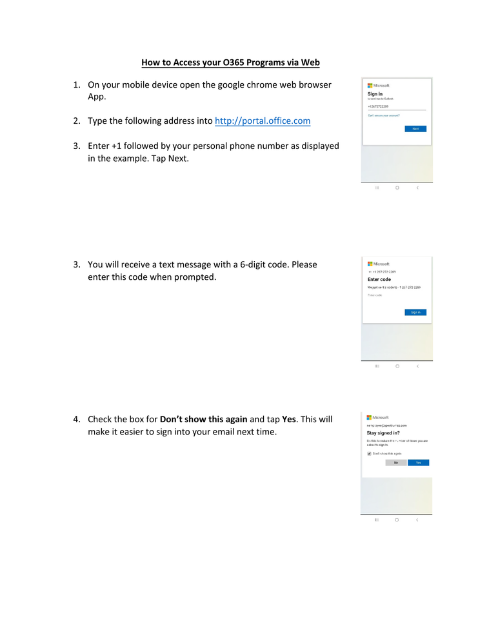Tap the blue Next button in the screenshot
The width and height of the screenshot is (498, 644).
[415, 129]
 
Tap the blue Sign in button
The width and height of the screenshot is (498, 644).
[415, 312]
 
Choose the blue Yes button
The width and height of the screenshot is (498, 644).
[418, 463]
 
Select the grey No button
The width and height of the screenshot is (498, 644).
[396, 463]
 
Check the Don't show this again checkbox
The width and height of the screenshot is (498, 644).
[369, 454]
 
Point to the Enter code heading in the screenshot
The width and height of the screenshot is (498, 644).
[379, 279]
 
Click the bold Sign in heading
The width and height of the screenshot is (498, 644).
[375, 94]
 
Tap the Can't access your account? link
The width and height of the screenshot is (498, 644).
[384, 115]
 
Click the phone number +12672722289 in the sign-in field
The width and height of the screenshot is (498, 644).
[378, 106]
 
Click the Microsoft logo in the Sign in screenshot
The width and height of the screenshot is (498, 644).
[378, 86]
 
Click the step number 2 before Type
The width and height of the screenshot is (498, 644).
[75, 121]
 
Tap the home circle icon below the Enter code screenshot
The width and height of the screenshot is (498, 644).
[397, 366]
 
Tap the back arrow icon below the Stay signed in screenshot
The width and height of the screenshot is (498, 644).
[417, 520]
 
